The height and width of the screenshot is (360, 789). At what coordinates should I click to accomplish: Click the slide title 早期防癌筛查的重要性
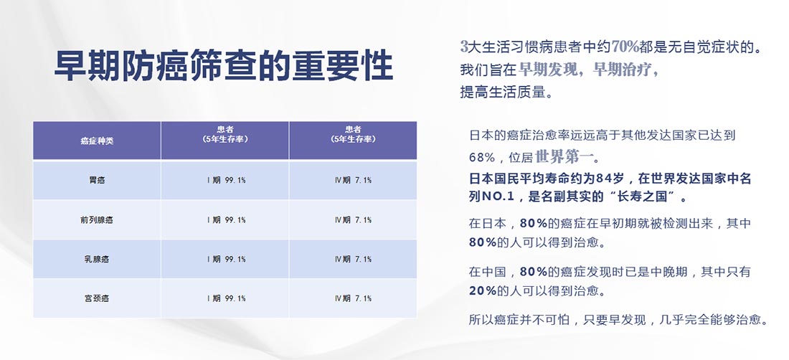click(x=223, y=66)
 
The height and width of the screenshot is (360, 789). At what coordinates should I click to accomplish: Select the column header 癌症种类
click(x=97, y=141)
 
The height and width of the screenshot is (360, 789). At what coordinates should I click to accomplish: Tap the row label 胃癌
click(x=97, y=180)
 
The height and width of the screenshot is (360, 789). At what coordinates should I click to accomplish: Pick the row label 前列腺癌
click(x=97, y=219)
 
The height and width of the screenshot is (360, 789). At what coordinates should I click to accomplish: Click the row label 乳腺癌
click(x=97, y=259)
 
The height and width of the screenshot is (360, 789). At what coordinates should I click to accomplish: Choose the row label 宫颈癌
click(x=97, y=298)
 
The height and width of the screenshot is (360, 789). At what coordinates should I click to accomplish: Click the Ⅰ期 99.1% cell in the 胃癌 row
click(x=226, y=180)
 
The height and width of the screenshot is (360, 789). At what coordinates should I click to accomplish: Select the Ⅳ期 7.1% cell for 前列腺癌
click(x=353, y=219)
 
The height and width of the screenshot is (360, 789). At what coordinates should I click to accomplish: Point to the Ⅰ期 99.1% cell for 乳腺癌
click(x=226, y=259)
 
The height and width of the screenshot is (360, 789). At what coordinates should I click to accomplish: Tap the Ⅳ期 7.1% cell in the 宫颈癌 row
click(x=353, y=298)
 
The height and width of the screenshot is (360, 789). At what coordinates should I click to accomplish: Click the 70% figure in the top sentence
click(x=625, y=47)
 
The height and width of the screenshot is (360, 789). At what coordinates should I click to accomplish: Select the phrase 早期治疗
click(x=622, y=70)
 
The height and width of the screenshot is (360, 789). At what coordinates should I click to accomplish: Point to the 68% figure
click(x=481, y=157)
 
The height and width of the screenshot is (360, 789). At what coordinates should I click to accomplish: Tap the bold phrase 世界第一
click(x=564, y=157)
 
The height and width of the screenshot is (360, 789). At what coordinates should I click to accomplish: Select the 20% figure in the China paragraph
click(x=483, y=290)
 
